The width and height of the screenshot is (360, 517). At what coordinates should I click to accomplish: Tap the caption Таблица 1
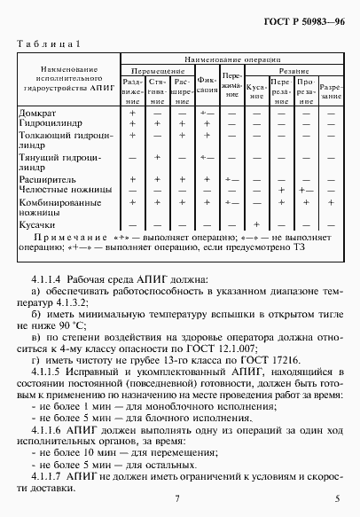[50, 43]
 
